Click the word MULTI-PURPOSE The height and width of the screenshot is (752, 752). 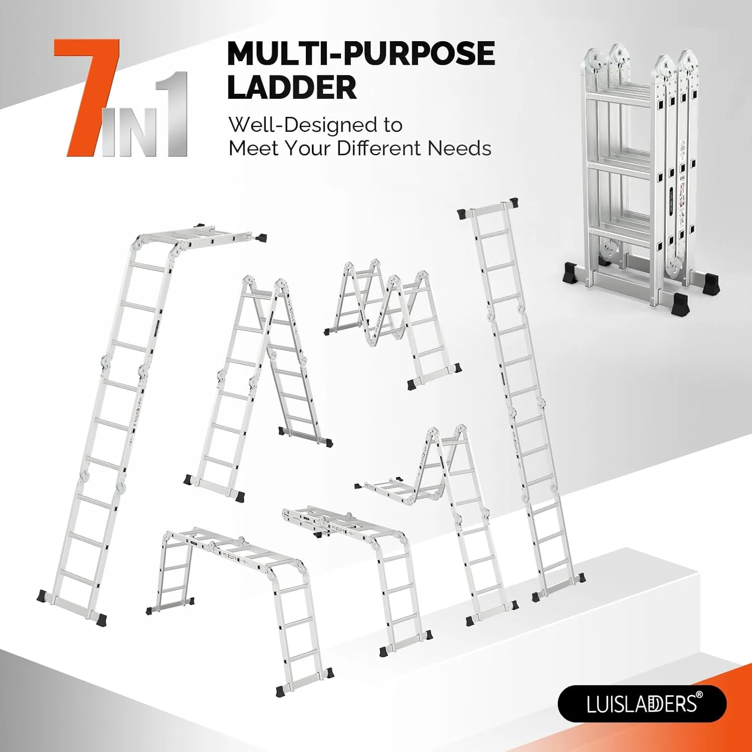click(x=361, y=54)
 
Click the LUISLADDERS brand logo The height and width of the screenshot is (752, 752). click(x=642, y=703)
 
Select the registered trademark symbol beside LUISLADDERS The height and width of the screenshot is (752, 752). click(x=700, y=695)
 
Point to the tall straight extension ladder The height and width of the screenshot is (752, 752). click(x=521, y=401)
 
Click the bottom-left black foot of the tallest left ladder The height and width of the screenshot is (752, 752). click(x=43, y=596)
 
